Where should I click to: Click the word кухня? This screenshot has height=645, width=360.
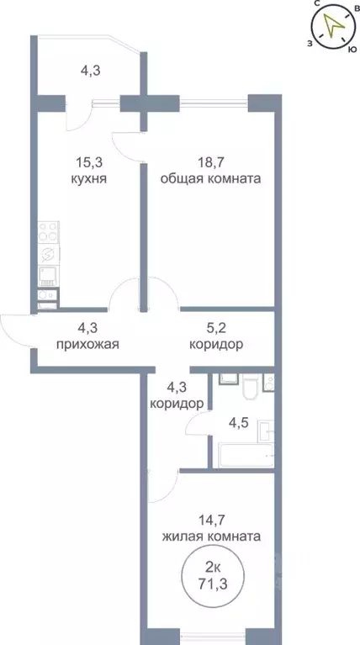pyautogui.click(x=88, y=179)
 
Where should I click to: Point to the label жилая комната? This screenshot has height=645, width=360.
pyautogui.click(x=211, y=536)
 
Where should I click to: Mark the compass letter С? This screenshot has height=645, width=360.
pyautogui.click(x=317, y=4)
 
